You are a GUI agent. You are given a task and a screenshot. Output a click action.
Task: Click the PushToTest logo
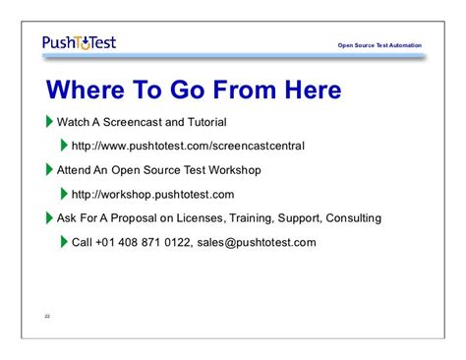tap(80, 43)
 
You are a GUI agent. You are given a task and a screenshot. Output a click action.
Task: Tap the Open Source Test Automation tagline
tap(379, 45)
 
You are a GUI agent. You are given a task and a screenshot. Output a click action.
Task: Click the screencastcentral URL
tap(188, 147)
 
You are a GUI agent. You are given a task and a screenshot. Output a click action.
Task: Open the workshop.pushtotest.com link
tap(152, 195)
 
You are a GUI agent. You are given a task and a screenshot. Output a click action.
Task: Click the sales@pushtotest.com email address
tap(262, 242)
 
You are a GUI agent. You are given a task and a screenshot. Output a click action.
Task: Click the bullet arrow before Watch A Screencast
tap(51, 122)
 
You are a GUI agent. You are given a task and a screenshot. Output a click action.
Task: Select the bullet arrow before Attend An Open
tap(51, 170)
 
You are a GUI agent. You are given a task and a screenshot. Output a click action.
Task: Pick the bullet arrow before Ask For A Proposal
tap(51, 217)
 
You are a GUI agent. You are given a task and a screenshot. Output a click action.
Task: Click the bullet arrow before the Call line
tap(65, 242)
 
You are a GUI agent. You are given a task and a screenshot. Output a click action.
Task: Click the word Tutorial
tap(204, 123)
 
